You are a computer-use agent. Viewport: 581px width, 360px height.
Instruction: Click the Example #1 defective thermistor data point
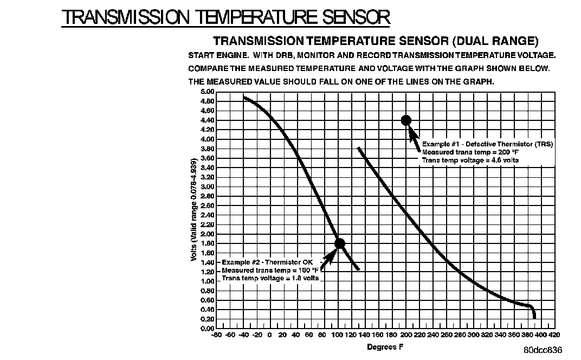click(x=406, y=120)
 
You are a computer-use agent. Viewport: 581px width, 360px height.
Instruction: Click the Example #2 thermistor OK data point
click(x=340, y=243)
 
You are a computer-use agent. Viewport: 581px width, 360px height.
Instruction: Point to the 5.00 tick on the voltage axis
click(x=207, y=92)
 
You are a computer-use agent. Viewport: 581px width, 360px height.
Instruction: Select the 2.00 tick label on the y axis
click(x=207, y=234)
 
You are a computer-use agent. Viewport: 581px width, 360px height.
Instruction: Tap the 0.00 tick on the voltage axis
click(x=207, y=328)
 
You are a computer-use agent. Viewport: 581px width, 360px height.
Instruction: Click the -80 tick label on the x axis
click(x=217, y=335)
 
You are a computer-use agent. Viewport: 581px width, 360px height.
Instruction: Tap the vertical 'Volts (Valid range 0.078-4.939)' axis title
click(x=193, y=209)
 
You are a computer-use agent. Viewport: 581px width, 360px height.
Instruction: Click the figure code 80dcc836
click(x=543, y=350)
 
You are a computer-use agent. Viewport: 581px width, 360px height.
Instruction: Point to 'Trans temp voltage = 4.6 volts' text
click(x=470, y=160)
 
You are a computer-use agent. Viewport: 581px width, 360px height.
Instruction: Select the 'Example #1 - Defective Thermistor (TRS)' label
click(x=487, y=144)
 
